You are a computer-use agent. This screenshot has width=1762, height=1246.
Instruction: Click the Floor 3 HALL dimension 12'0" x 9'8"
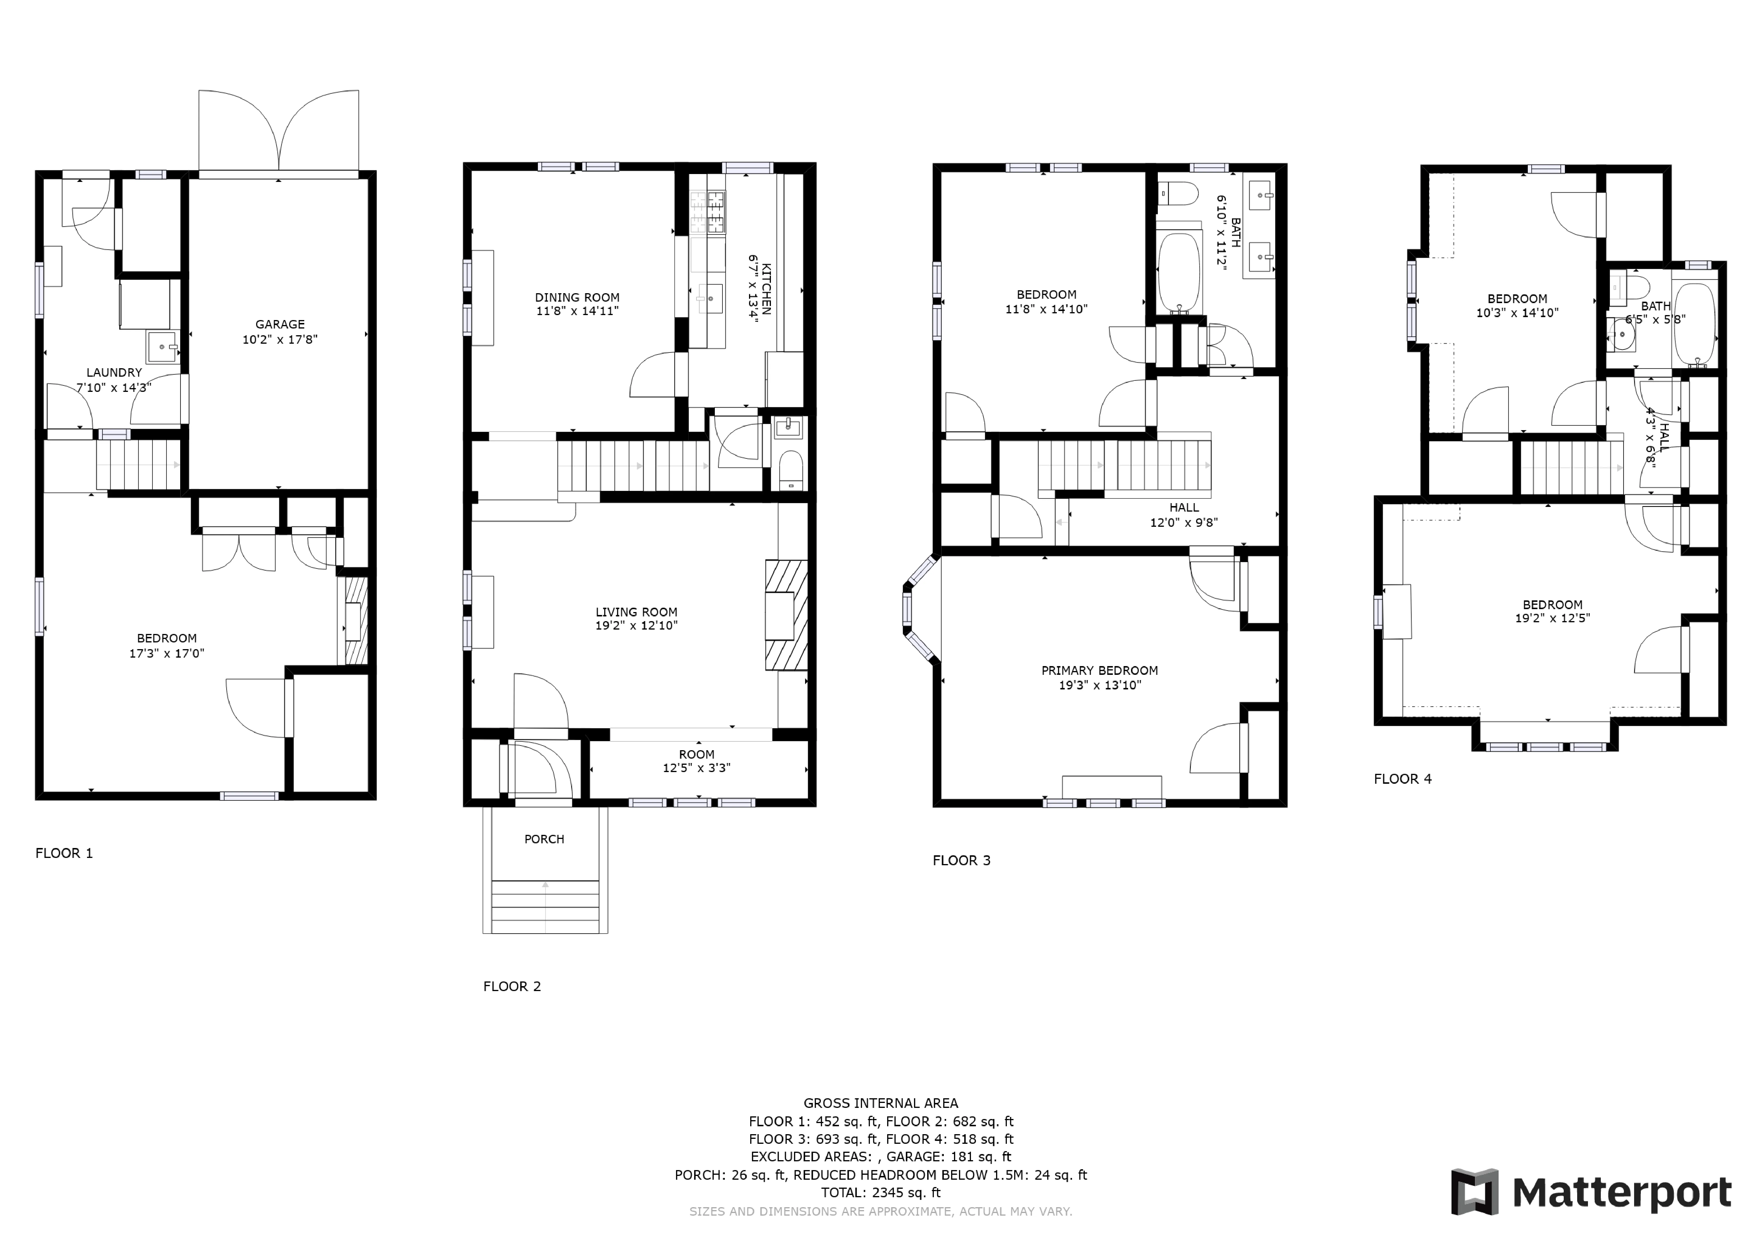[1183, 522]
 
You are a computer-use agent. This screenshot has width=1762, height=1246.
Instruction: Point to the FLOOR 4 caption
[1402, 779]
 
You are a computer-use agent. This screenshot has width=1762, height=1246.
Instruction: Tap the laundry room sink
[162, 347]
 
